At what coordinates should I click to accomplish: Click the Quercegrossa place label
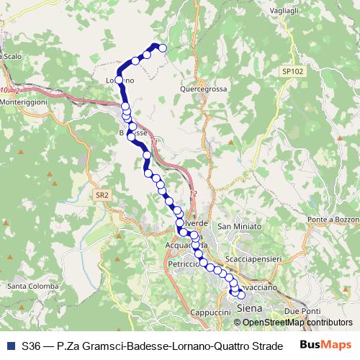[x=201, y=89]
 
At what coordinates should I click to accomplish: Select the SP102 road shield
[x=292, y=71]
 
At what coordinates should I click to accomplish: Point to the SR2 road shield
[x=102, y=194]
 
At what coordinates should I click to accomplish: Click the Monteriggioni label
[x=23, y=102]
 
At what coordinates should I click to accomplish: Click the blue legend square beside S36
[x=10, y=346]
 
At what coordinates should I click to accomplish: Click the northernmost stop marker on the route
[x=162, y=48]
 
